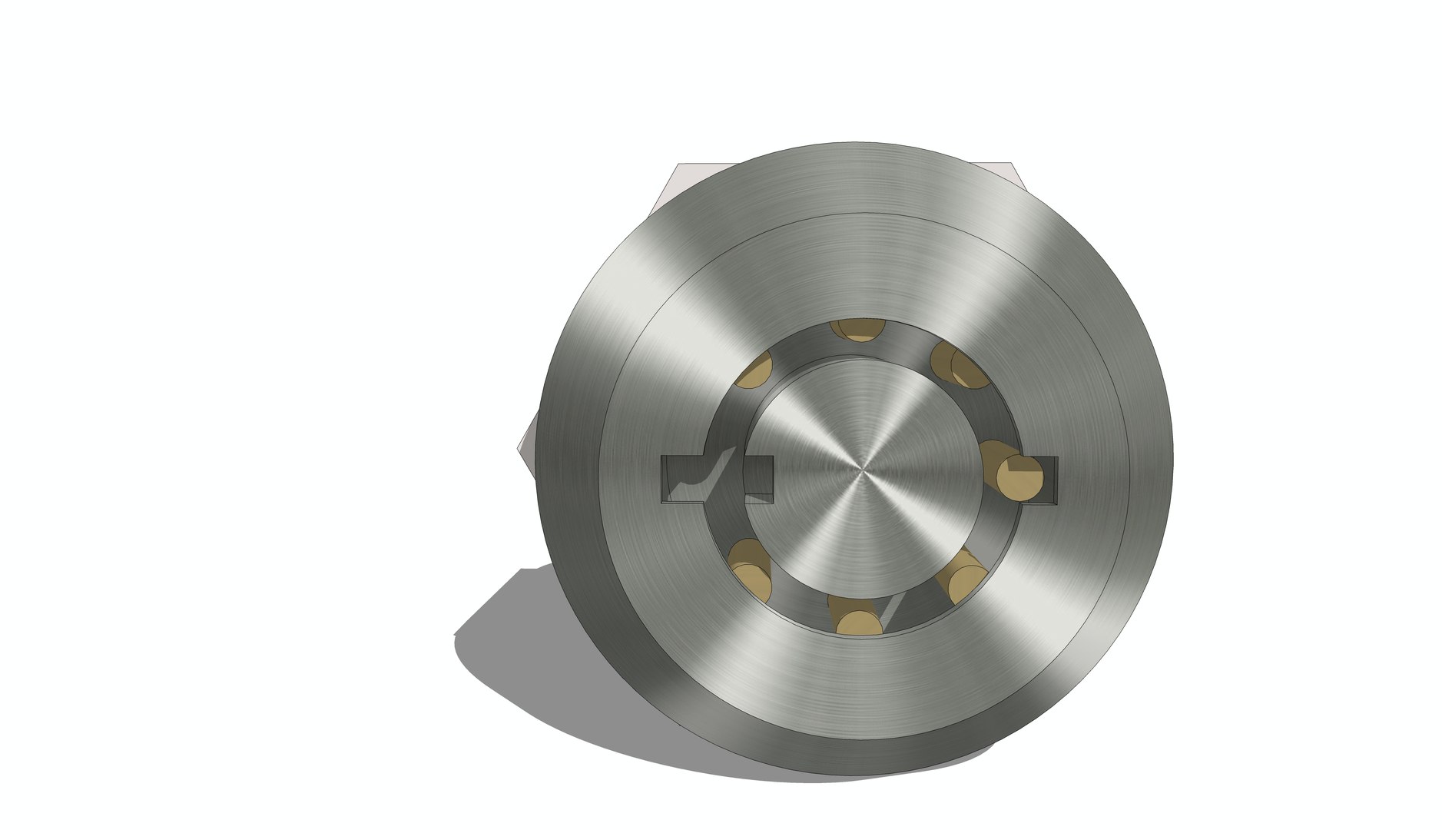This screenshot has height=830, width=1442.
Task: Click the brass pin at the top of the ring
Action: pyautogui.click(x=858, y=330)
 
